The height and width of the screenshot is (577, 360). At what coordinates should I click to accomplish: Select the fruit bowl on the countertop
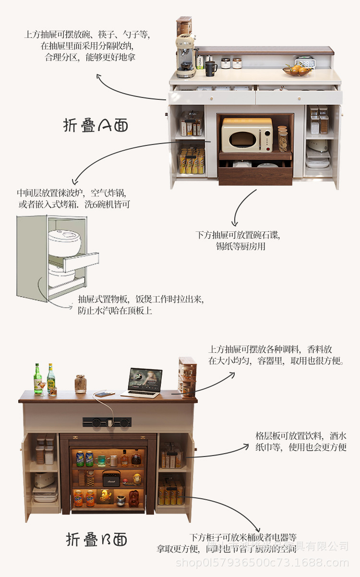296,71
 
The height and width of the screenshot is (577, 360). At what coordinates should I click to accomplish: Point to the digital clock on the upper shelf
304,62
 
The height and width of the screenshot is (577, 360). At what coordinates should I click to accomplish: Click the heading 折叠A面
96,125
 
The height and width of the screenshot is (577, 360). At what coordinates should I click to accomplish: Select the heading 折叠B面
96,539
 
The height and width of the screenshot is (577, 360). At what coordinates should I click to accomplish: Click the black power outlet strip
107,422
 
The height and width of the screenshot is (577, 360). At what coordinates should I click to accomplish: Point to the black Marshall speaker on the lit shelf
111,478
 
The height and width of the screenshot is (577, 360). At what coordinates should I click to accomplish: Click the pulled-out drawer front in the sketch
82,262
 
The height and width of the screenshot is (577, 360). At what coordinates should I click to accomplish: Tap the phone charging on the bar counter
105,394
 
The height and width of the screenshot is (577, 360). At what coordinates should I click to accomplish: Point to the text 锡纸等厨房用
240,247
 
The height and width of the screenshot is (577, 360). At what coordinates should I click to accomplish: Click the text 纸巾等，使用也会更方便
301,447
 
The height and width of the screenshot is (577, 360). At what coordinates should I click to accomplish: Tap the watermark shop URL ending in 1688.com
262,563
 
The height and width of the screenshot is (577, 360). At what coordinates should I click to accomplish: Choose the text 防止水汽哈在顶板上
115,311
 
